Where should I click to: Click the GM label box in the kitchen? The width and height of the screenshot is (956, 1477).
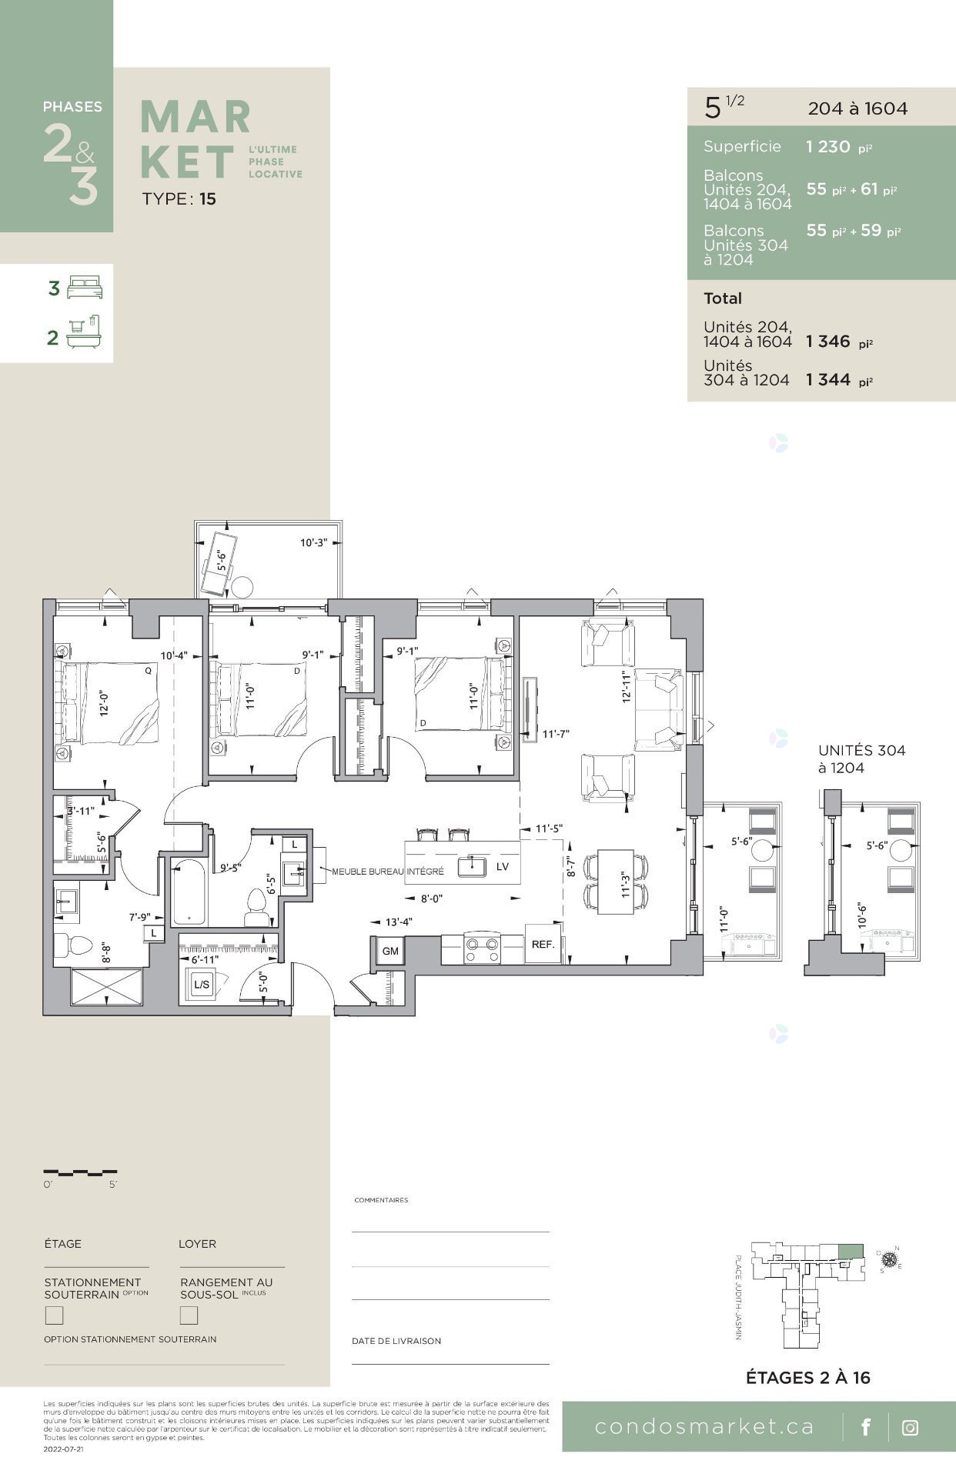click(390, 951)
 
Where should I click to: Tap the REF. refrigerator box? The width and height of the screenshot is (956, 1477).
click(543, 944)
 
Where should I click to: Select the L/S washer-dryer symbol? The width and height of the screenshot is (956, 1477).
click(202, 984)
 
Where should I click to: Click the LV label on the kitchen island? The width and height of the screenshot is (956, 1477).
click(503, 866)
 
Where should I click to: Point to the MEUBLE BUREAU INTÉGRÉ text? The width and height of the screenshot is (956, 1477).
click(388, 872)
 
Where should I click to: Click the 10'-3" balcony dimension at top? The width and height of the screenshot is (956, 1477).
click(313, 542)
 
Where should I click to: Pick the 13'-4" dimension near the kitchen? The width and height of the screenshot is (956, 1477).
click(398, 922)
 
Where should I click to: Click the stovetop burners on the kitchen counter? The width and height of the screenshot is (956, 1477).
click(483, 949)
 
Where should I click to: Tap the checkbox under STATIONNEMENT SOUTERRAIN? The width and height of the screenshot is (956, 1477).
click(54, 1315)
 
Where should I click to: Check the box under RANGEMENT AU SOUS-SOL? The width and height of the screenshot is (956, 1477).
click(189, 1315)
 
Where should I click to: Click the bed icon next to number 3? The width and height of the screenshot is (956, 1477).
click(85, 288)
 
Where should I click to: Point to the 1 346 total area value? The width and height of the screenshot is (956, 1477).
click(828, 342)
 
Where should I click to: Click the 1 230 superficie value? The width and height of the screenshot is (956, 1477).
click(828, 147)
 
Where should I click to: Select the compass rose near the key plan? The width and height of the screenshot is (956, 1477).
click(890, 1259)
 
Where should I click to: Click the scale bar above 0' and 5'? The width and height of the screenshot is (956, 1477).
click(80, 1172)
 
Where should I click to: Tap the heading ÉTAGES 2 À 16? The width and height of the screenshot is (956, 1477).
click(807, 1377)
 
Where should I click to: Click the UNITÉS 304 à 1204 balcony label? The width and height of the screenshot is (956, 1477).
click(861, 759)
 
